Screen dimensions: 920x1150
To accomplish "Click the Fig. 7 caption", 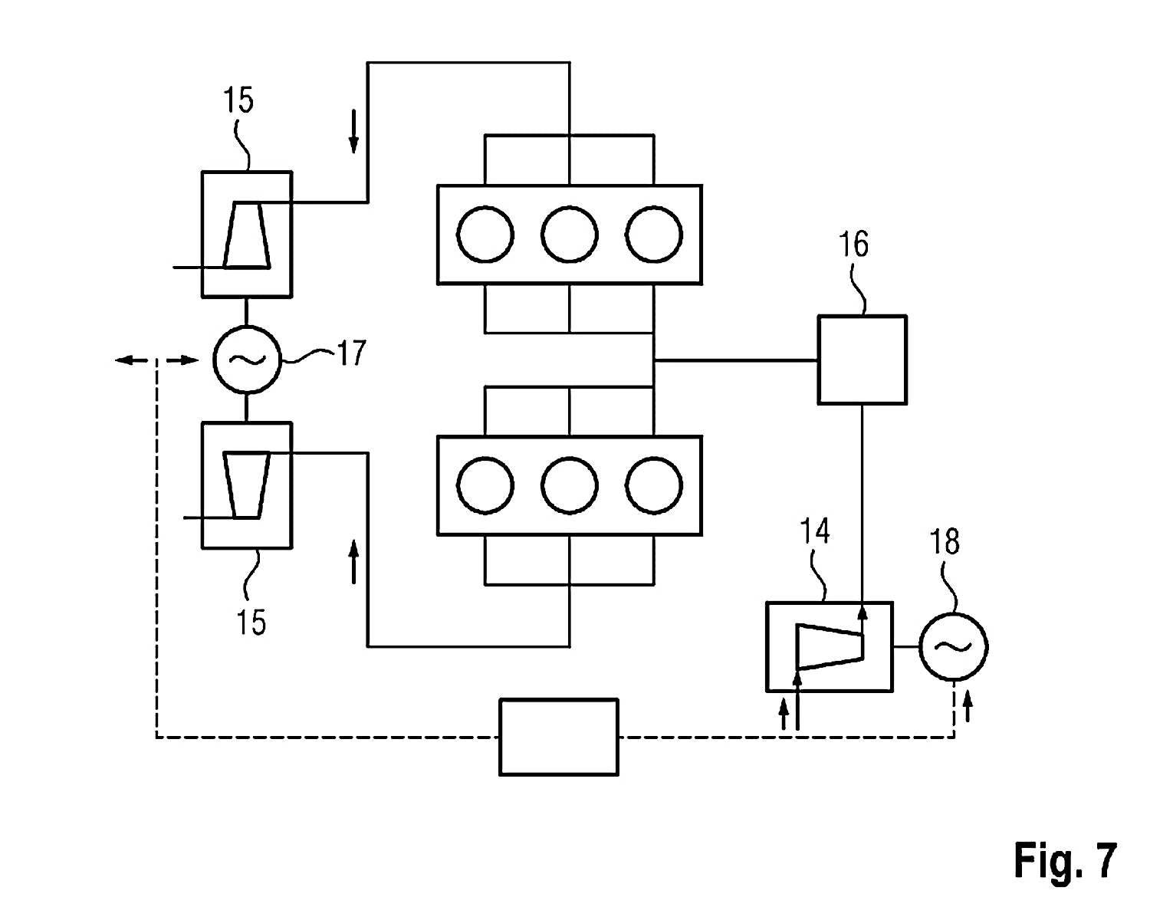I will (x=1066, y=860).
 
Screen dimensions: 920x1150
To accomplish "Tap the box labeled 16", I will (x=863, y=360).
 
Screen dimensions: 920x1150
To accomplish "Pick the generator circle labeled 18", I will (x=954, y=647).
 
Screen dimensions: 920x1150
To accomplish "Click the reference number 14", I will (x=815, y=531).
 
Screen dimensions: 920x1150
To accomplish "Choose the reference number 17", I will (x=350, y=354).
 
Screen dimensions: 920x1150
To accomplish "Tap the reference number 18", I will (x=945, y=541).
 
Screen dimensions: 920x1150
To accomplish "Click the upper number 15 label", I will (x=238, y=100).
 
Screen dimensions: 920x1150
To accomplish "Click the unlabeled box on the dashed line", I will (x=558, y=737).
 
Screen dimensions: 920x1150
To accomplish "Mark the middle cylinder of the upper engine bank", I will (x=569, y=235).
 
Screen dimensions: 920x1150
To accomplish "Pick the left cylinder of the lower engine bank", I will (x=485, y=486).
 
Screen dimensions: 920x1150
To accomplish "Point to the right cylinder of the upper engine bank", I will (x=653, y=235).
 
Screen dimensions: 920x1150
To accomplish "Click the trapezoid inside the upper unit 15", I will (x=247, y=235).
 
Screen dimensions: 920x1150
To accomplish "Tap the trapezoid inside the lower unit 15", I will (x=246, y=485).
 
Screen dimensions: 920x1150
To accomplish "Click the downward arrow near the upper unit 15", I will (x=353, y=131).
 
